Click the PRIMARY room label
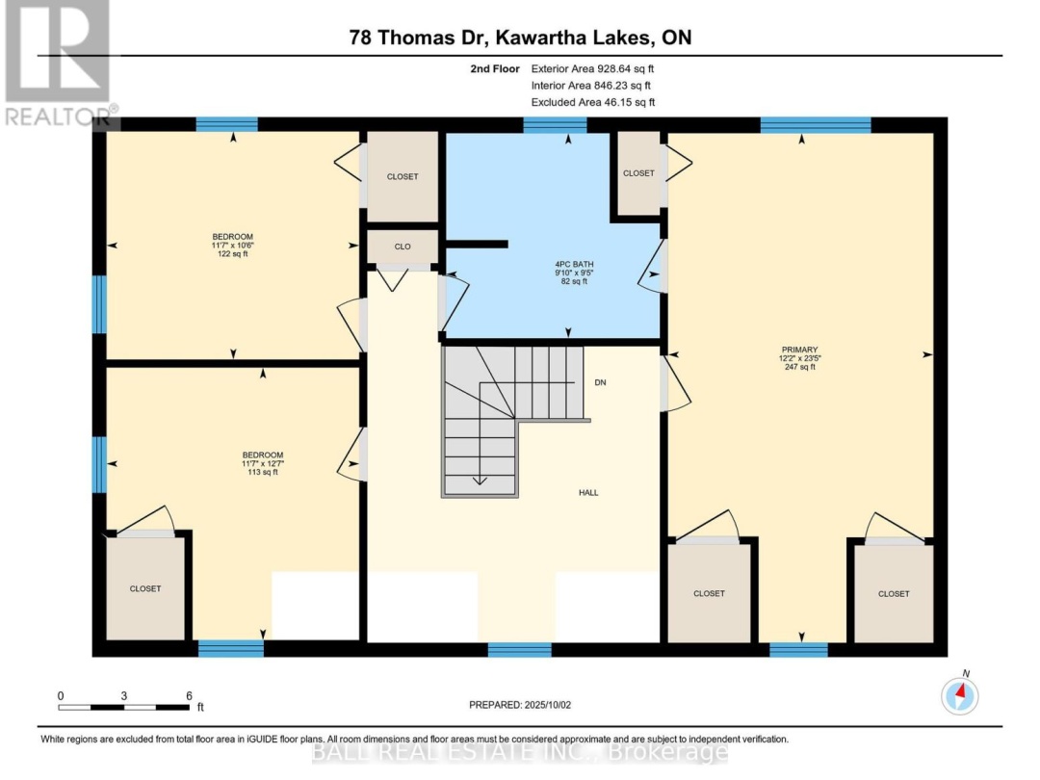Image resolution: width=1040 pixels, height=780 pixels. (x=799, y=350)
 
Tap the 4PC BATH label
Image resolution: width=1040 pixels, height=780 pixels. (x=574, y=264)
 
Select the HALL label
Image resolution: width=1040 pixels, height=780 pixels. (x=588, y=493)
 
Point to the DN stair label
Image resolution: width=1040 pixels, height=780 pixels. (x=600, y=382)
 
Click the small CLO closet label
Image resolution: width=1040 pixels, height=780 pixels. (x=403, y=247)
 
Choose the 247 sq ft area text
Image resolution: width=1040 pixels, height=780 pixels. (x=800, y=367)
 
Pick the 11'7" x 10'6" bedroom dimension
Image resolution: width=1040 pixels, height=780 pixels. (x=233, y=246)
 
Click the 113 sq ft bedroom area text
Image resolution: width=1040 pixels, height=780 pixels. (x=263, y=472)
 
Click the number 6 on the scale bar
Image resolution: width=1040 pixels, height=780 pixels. (x=189, y=696)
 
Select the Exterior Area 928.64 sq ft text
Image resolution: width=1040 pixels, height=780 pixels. (x=593, y=68)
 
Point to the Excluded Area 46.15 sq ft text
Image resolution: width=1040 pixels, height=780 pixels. (x=593, y=102)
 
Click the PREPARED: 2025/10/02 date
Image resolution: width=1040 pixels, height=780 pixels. (x=520, y=705)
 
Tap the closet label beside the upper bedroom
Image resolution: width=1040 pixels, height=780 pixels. (x=403, y=177)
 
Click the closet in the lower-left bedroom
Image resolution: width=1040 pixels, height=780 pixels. (x=145, y=589)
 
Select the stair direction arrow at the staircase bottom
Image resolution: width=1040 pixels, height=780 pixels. (x=479, y=481)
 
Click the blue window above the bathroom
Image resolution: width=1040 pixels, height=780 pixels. (x=556, y=124)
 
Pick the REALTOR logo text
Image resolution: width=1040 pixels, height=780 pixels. (x=58, y=117)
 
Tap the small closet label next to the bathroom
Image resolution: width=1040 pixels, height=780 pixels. (x=638, y=173)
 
